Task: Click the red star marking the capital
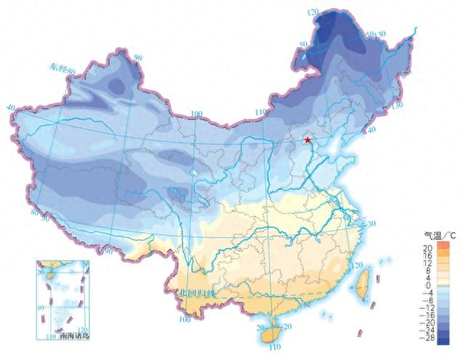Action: pos(308,140)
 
